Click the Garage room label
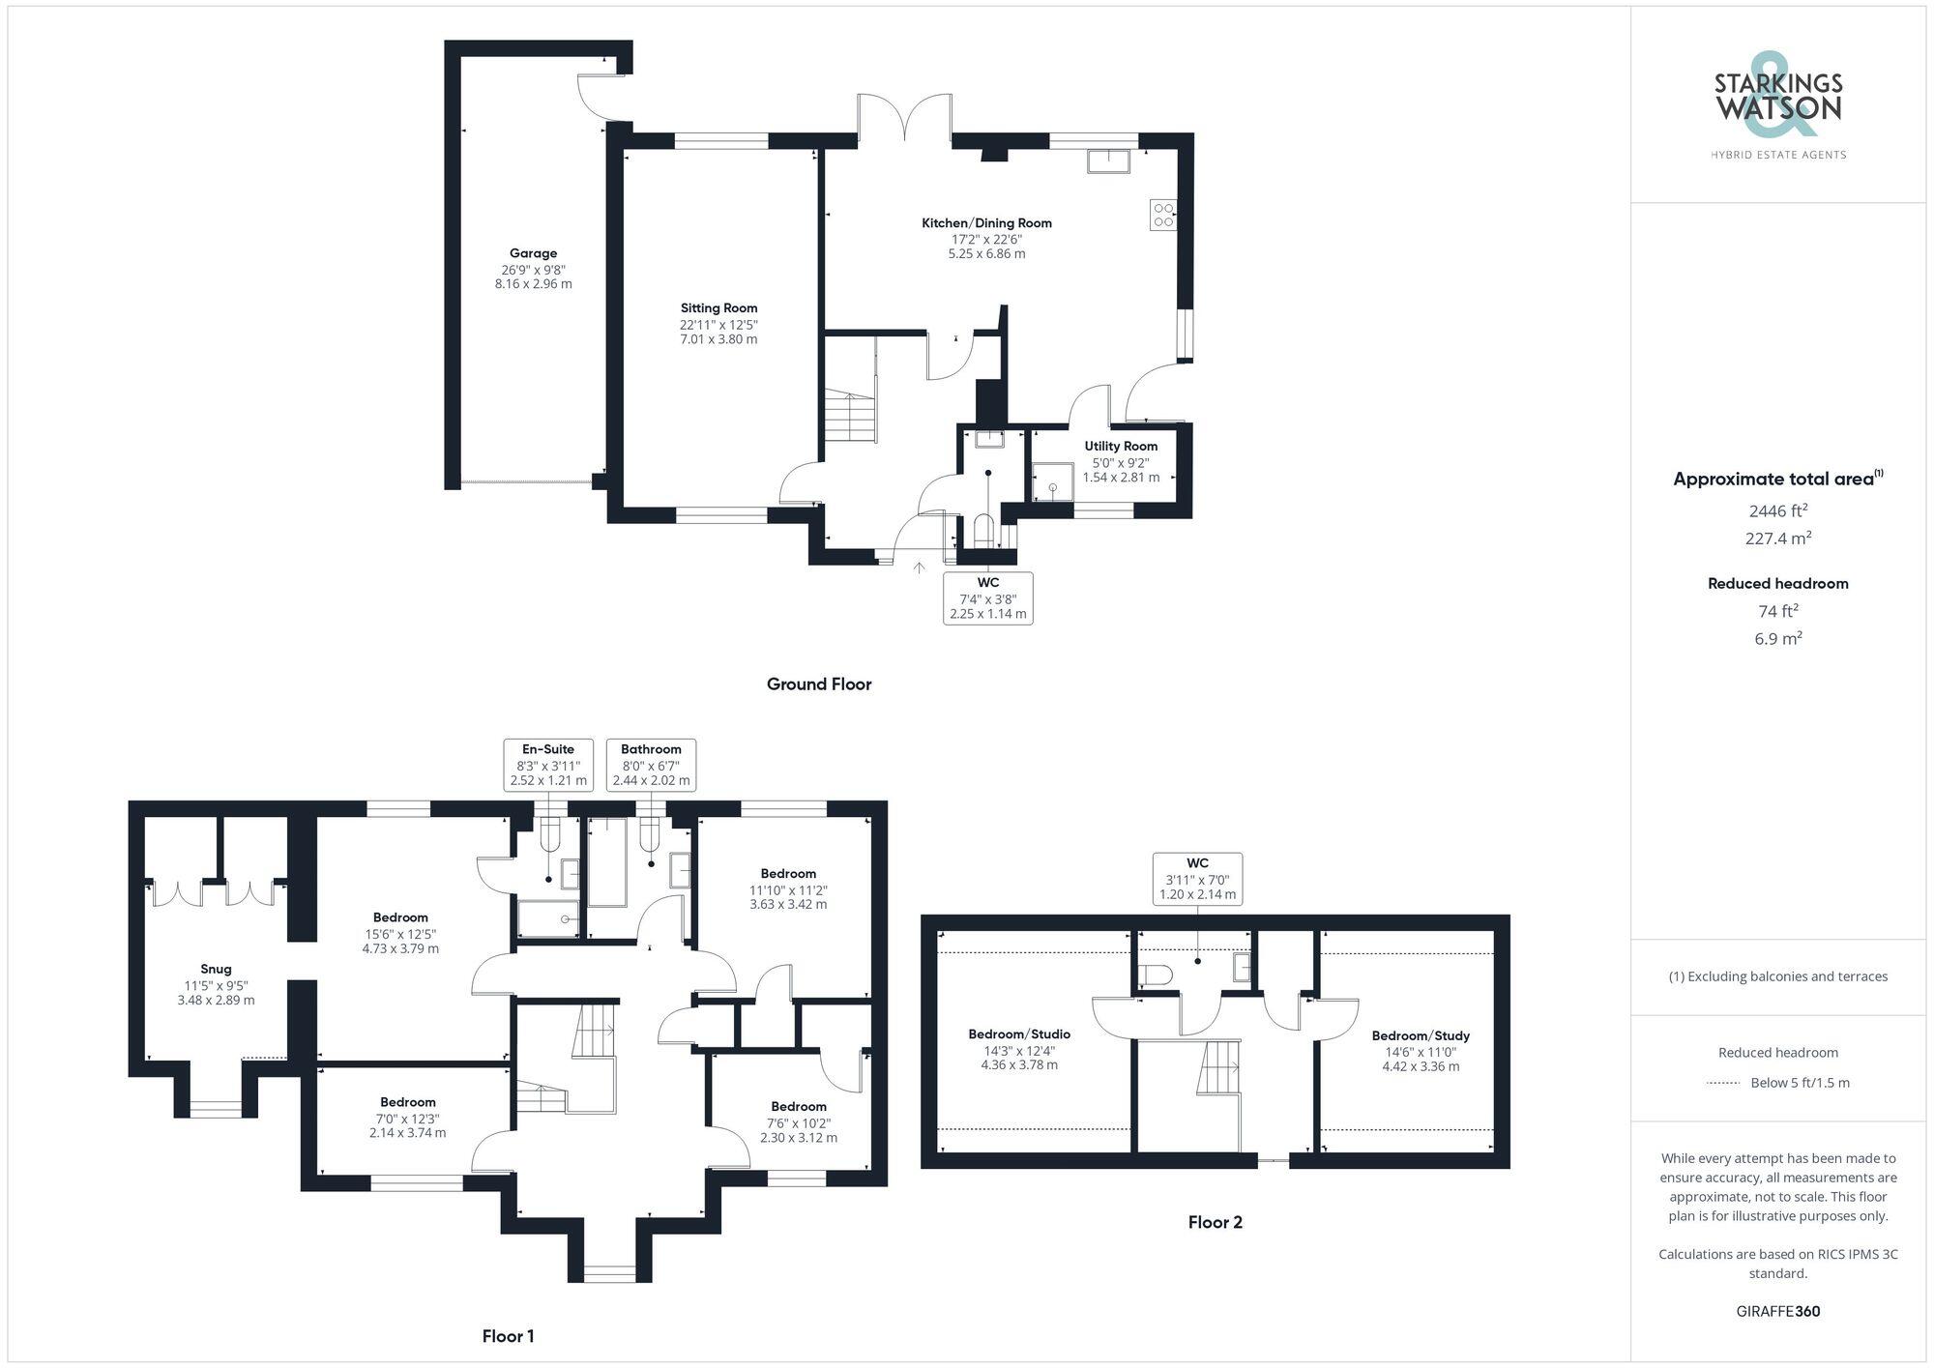533,254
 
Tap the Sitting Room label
718,308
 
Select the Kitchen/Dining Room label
986,223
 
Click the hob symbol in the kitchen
1163,215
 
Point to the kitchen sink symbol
1108,161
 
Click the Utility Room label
1121,447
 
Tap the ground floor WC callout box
987,597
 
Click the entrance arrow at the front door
920,568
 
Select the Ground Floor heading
819,684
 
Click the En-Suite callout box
548,765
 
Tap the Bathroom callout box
651,765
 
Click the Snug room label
216,969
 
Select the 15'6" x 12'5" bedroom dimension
400,934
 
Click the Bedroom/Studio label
1019,1034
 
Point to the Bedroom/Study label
1421,1035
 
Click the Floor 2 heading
1215,1222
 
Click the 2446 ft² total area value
1777,511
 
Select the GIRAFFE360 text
1777,1312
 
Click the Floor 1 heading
508,1336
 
